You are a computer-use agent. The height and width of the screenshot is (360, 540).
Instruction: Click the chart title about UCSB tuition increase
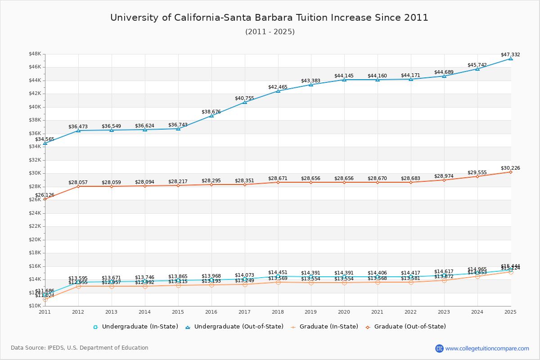pyautogui.click(x=269, y=18)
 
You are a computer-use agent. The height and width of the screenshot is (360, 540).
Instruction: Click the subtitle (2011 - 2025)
pyautogui.click(x=270, y=32)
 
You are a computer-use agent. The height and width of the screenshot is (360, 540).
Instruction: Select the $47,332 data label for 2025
pyautogui.click(x=510, y=55)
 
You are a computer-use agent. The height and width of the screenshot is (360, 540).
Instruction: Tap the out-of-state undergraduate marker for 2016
pyautogui.click(x=211, y=116)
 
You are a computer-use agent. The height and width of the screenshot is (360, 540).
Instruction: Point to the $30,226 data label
pyautogui.click(x=510, y=168)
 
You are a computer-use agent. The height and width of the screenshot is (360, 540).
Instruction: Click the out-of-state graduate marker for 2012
pyautogui.click(x=78, y=186)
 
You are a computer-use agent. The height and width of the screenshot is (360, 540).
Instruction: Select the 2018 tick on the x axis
pyautogui.click(x=278, y=311)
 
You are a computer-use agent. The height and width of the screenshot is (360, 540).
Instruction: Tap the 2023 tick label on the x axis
pyautogui.click(x=444, y=311)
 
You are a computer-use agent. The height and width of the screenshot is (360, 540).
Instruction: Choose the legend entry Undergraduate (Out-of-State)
pyautogui.click(x=234, y=327)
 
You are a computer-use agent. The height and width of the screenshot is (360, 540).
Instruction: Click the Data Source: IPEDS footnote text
pyautogui.click(x=80, y=348)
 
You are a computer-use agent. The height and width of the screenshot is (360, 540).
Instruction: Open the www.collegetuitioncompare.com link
pyautogui.click(x=487, y=348)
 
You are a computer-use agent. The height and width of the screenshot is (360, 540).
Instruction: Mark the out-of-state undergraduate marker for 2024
pyautogui.click(x=477, y=68)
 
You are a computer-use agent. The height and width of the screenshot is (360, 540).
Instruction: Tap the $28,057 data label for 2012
pyautogui.click(x=78, y=183)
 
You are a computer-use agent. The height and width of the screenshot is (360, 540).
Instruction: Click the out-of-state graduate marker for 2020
pyautogui.click(x=344, y=182)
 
